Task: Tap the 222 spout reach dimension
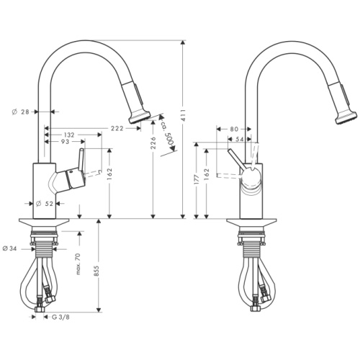click(117, 128)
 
